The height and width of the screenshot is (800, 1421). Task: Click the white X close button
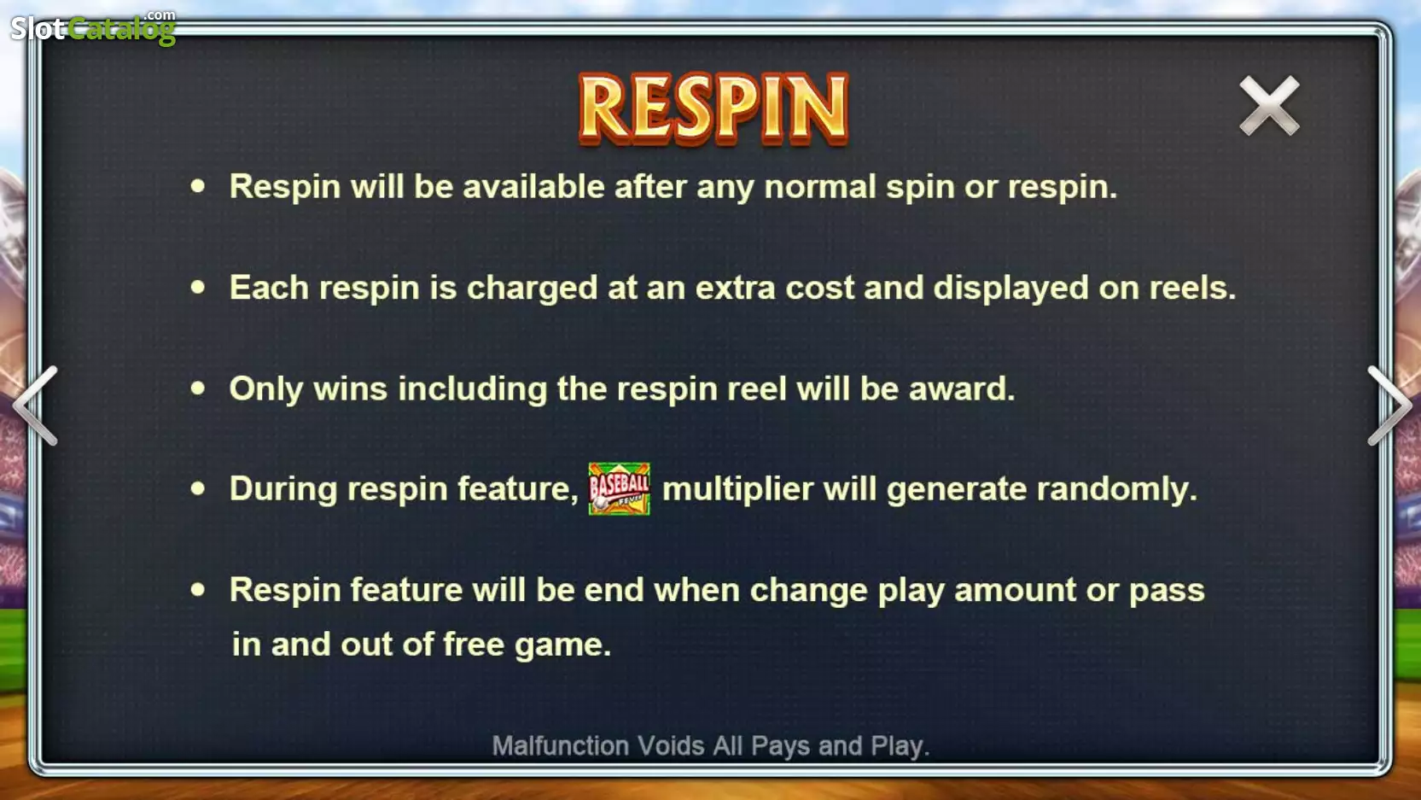pos(1269,105)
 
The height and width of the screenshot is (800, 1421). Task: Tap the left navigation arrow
pos(36,406)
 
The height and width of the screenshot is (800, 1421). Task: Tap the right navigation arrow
pos(1389,406)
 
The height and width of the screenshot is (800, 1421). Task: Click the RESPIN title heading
pos(713,109)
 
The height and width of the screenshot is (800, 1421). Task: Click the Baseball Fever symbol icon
pos(619,488)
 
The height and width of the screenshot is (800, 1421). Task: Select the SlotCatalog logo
pos(93,27)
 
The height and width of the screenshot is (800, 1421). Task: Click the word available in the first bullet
pos(533,186)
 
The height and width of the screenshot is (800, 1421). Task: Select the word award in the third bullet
pos(962,388)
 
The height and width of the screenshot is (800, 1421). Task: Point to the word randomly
pos(1115,490)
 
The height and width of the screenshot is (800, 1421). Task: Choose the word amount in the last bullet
pos(1015,591)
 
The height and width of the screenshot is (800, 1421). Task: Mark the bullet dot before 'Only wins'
pos(198,388)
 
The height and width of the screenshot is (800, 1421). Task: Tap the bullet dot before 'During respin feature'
pos(198,488)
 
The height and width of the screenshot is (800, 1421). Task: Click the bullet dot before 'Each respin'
pos(198,288)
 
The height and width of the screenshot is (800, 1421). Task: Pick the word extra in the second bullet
pos(735,289)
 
